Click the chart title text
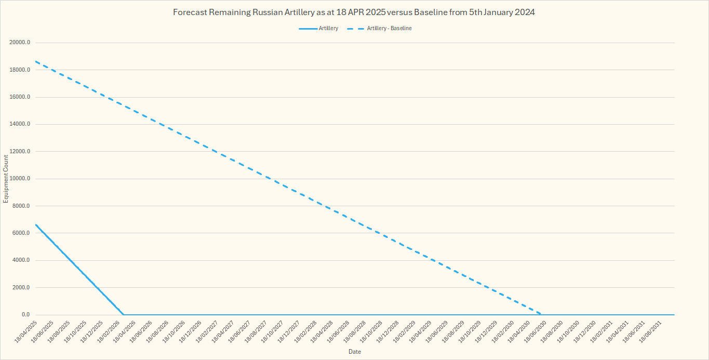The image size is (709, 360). pos(354,12)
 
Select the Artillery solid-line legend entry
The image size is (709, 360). pos(328,28)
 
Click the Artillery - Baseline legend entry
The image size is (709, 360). pos(389,28)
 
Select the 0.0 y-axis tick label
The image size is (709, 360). pos(25,315)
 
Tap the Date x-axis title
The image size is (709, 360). pos(354,352)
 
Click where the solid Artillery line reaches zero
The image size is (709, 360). pos(124,315)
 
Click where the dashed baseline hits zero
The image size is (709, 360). pos(542,314)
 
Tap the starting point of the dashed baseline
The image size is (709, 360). pos(35,61)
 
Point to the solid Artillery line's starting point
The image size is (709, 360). pos(35,224)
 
